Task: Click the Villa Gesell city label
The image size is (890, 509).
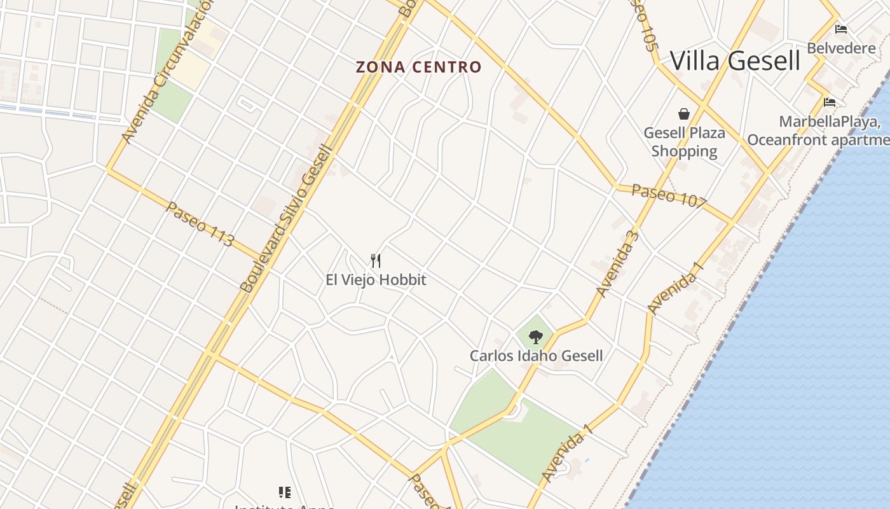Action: click(x=735, y=61)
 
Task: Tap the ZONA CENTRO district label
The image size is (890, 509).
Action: click(x=418, y=67)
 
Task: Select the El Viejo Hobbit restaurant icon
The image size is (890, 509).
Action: click(x=376, y=260)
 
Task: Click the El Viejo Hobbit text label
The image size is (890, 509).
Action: click(x=376, y=279)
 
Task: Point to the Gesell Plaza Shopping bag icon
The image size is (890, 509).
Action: click(x=684, y=114)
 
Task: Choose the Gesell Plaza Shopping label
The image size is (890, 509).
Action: click(x=684, y=142)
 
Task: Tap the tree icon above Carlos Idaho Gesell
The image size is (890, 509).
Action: click(x=536, y=337)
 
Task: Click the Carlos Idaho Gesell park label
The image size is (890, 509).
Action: click(x=536, y=355)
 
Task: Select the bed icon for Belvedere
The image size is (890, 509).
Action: click(x=841, y=29)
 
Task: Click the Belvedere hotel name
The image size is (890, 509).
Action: click(x=841, y=48)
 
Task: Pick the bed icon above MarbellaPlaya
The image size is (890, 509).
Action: click(x=830, y=102)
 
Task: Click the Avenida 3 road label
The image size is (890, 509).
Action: click(x=616, y=263)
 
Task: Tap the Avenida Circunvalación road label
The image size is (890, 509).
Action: click(x=166, y=73)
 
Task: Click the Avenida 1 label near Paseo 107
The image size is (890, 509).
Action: click(x=676, y=288)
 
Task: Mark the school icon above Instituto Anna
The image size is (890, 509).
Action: click(x=284, y=492)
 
